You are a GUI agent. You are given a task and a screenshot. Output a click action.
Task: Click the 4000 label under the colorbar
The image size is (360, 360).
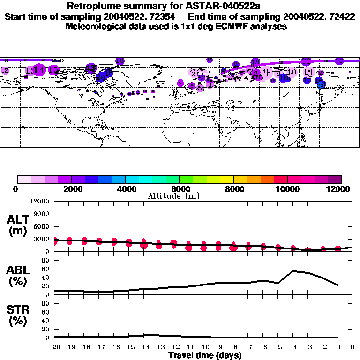click(126, 189)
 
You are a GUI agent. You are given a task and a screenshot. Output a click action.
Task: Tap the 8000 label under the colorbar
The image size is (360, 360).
click(233, 189)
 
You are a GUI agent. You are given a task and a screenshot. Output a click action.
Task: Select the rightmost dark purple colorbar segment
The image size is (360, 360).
click(335, 179)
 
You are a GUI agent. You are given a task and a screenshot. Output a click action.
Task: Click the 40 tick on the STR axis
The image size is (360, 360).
click(46, 320)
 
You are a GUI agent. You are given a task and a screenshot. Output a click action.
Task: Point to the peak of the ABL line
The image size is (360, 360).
click(293, 270)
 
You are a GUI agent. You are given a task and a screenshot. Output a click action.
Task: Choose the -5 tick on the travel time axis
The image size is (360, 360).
click(278, 347)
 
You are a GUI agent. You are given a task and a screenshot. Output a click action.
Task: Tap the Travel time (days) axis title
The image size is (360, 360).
click(205, 355)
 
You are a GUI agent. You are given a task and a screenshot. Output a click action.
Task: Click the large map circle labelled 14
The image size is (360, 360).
click(39, 70)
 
